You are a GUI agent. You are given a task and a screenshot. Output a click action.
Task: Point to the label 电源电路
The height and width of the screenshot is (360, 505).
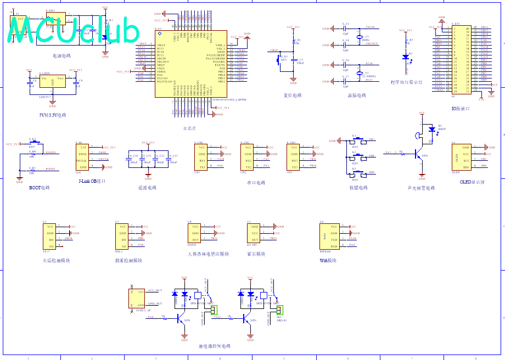61,55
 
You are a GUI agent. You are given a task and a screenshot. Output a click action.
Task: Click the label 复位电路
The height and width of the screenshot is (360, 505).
293,95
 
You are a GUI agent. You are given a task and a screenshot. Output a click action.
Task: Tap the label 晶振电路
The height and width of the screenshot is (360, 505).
357,95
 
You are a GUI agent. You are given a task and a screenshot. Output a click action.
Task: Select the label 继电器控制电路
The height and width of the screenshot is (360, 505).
214,346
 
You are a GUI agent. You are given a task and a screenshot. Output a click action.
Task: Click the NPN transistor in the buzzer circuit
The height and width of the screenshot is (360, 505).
420,155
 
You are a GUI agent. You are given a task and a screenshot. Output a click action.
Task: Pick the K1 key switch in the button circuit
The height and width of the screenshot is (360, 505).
356,140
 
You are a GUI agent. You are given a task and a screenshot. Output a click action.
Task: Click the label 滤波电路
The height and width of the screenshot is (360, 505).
147,187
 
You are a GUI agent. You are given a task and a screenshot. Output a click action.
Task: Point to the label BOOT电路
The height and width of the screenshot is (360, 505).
40,187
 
